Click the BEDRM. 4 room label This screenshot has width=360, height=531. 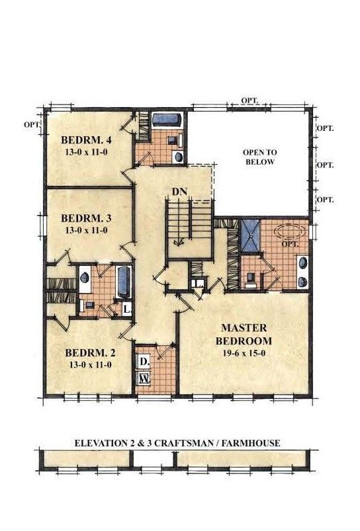point(86,140)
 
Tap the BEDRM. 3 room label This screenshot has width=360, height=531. point(86,218)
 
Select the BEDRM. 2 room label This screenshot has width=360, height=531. point(90,353)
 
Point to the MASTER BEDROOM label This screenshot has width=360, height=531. point(244,334)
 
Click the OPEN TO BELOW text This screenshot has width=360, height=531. point(260,157)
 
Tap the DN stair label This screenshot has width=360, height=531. point(179,192)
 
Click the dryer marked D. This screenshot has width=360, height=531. point(144,362)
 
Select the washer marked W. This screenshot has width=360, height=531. point(144,379)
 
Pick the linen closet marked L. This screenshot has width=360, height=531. point(127,309)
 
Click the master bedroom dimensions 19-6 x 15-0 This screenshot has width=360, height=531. point(244,353)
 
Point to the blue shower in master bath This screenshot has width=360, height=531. point(249,235)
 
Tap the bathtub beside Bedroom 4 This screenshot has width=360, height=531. point(167,120)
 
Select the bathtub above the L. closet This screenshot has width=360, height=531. point(124,282)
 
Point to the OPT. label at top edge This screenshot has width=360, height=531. point(250,101)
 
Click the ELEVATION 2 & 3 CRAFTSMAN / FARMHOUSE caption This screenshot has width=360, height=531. point(177,442)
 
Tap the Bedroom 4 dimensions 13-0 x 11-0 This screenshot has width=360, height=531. point(86,152)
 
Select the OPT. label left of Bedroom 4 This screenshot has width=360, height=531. point(32,124)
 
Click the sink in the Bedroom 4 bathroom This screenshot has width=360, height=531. point(177,156)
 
